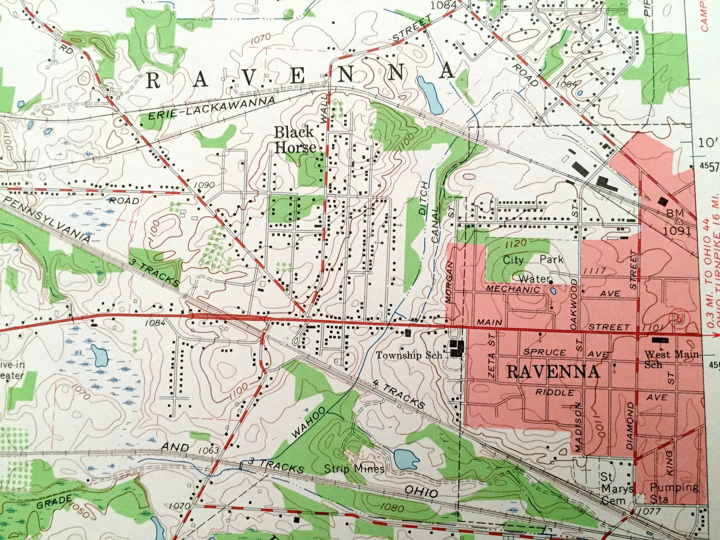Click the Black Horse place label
[295, 140]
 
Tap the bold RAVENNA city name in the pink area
[553, 372]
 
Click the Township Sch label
[409, 355]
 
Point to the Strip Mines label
[354, 468]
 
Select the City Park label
[533, 260]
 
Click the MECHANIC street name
[513, 289]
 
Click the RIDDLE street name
[555, 392]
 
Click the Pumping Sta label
[674, 493]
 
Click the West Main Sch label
[671, 359]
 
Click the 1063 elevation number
[209, 451]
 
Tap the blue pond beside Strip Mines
[406, 460]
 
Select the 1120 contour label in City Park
[516, 244]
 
